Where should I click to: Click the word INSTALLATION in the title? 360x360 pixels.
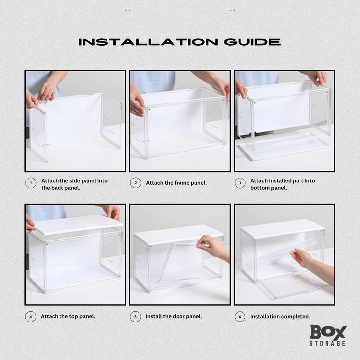pyautogui.click(x=148, y=42)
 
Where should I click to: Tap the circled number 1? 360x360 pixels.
pyautogui.click(x=31, y=183)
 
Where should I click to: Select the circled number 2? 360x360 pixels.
pyautogui.click(x=136, y=183)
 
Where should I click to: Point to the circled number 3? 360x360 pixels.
pyautogui.click(x=240, y=183)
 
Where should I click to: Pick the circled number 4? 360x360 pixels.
pyautogui.click(x=31, y=317)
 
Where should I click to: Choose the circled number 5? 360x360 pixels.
pyautogui.click(x=135, y=317)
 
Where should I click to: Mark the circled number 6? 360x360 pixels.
pyautogui.click(x=240, y=317)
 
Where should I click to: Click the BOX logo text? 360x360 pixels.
pyautogui.click(x=328, y=332)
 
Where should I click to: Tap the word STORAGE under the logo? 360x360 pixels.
pyautogui.click(x=327, y=343)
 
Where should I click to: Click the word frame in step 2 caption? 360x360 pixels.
pyautogui.click(x=181, y=183)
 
